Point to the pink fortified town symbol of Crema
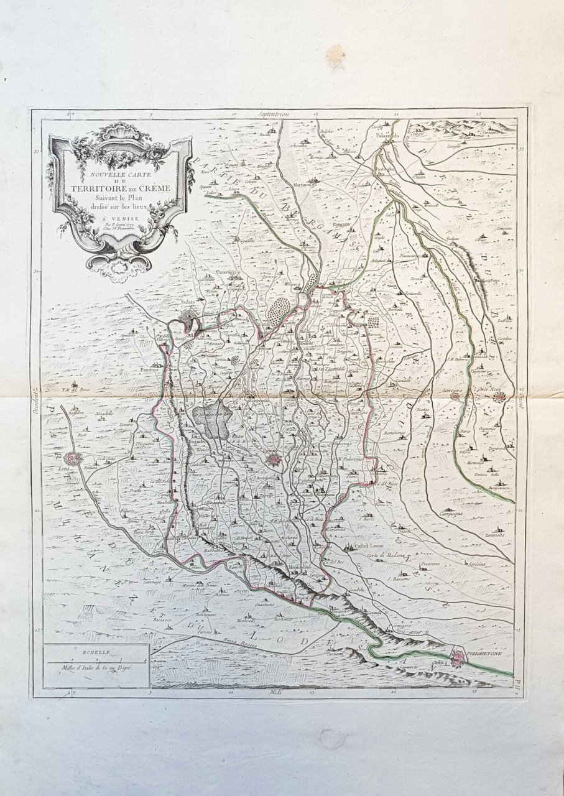[273, 460]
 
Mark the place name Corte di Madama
[386, 555]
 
